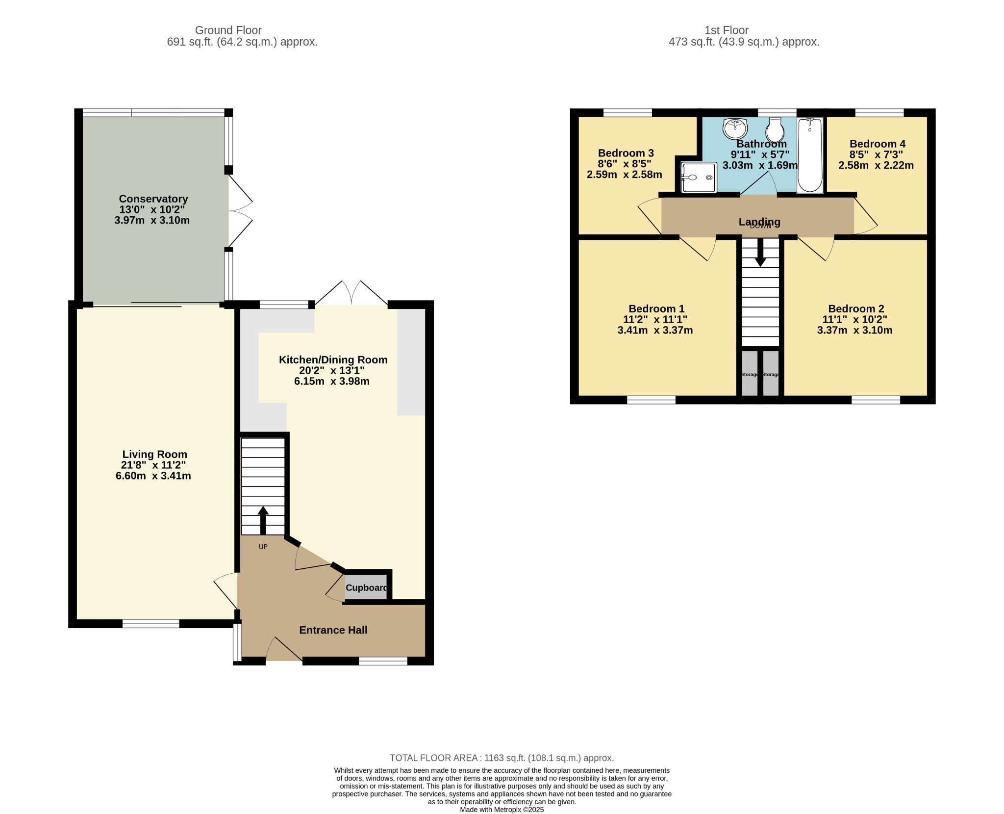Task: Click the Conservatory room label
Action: (x=153, y=199)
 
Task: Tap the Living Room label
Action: (x=155, y=455)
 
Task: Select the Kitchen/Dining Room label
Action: (x=333, y=360)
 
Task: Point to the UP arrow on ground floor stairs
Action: (x=263, y=520)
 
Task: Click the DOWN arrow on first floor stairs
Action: (x=760, y=252)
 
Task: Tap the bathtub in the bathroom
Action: (x=810, y=155)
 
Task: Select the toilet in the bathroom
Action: (x=775, y=129)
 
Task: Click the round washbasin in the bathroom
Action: (x=735, y=128)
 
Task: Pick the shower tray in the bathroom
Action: (x=699, y=178)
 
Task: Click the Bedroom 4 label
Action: (x=878, y=144)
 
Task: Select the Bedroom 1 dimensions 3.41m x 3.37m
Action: (x=655, y=331)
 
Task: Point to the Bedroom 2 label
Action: (x=856, y=309)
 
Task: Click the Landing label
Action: (x=759, y=222)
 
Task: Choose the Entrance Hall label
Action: (x=333, y=630)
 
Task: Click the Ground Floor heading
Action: (x=228, y=30)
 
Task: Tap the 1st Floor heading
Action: (x=727, y=30)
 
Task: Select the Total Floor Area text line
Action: (x=502, y=758)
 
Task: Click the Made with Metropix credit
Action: (x=502, y=810)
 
